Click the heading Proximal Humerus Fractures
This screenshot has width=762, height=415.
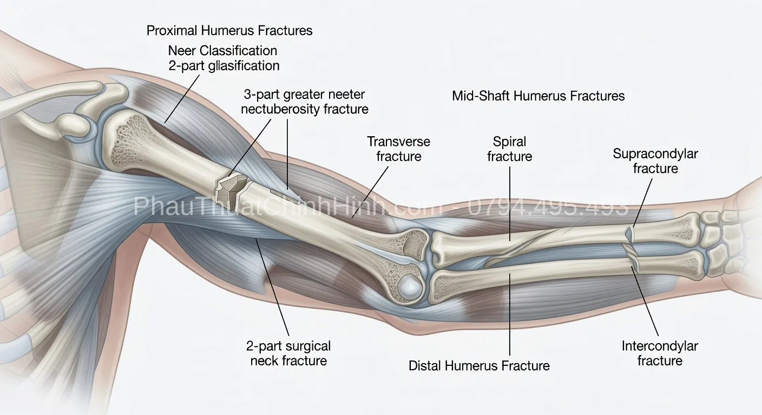[x=229, y=31]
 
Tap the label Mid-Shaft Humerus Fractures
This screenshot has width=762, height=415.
[x=538, y=96]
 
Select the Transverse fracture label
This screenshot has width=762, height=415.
[x=399, y=149]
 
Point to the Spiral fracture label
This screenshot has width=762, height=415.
[x=509, y=149]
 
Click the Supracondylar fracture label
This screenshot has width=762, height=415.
[x=655, y=161]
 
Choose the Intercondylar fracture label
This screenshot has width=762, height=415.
[x=660, y=353]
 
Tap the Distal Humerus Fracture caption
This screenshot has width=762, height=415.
[x=479, y=366]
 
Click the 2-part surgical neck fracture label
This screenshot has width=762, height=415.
[x=288, y=353]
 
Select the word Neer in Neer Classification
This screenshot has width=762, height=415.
[x=182, y=51]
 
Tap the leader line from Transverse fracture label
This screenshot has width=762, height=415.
[x=370, y=192]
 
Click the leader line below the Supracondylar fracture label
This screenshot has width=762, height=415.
[x=642, y=203]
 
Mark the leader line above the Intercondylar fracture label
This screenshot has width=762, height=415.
[x=645, y=301]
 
